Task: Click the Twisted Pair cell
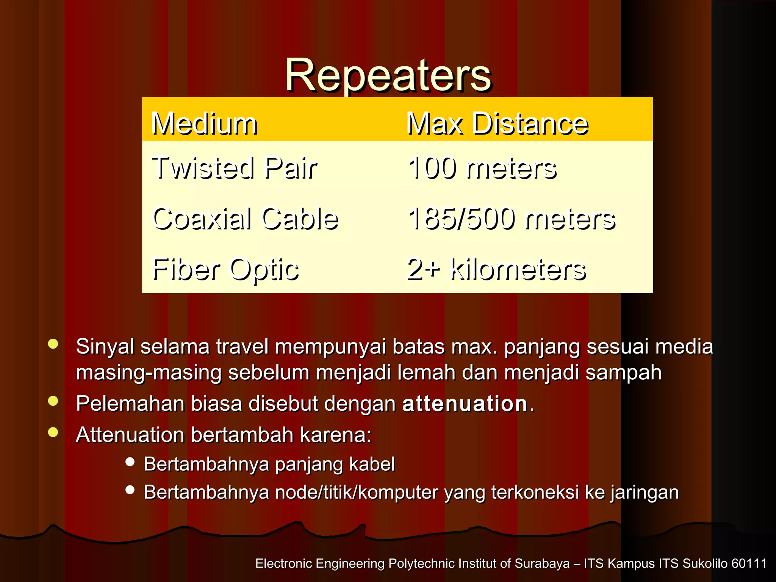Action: point(234,168)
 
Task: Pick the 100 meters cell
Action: point(482,168)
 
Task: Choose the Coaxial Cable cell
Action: point(245,219)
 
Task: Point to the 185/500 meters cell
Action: point(512,219)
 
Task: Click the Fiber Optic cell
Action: point(225,269)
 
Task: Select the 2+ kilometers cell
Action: point(497,269)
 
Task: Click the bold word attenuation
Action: point(465,404)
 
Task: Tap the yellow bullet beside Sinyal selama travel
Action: point(53,344)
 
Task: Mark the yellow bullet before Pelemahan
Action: point(53,401)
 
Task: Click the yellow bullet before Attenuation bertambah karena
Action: point(53,432)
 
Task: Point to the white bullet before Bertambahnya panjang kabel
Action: point(130,462)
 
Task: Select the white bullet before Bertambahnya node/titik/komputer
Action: point(130,490)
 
